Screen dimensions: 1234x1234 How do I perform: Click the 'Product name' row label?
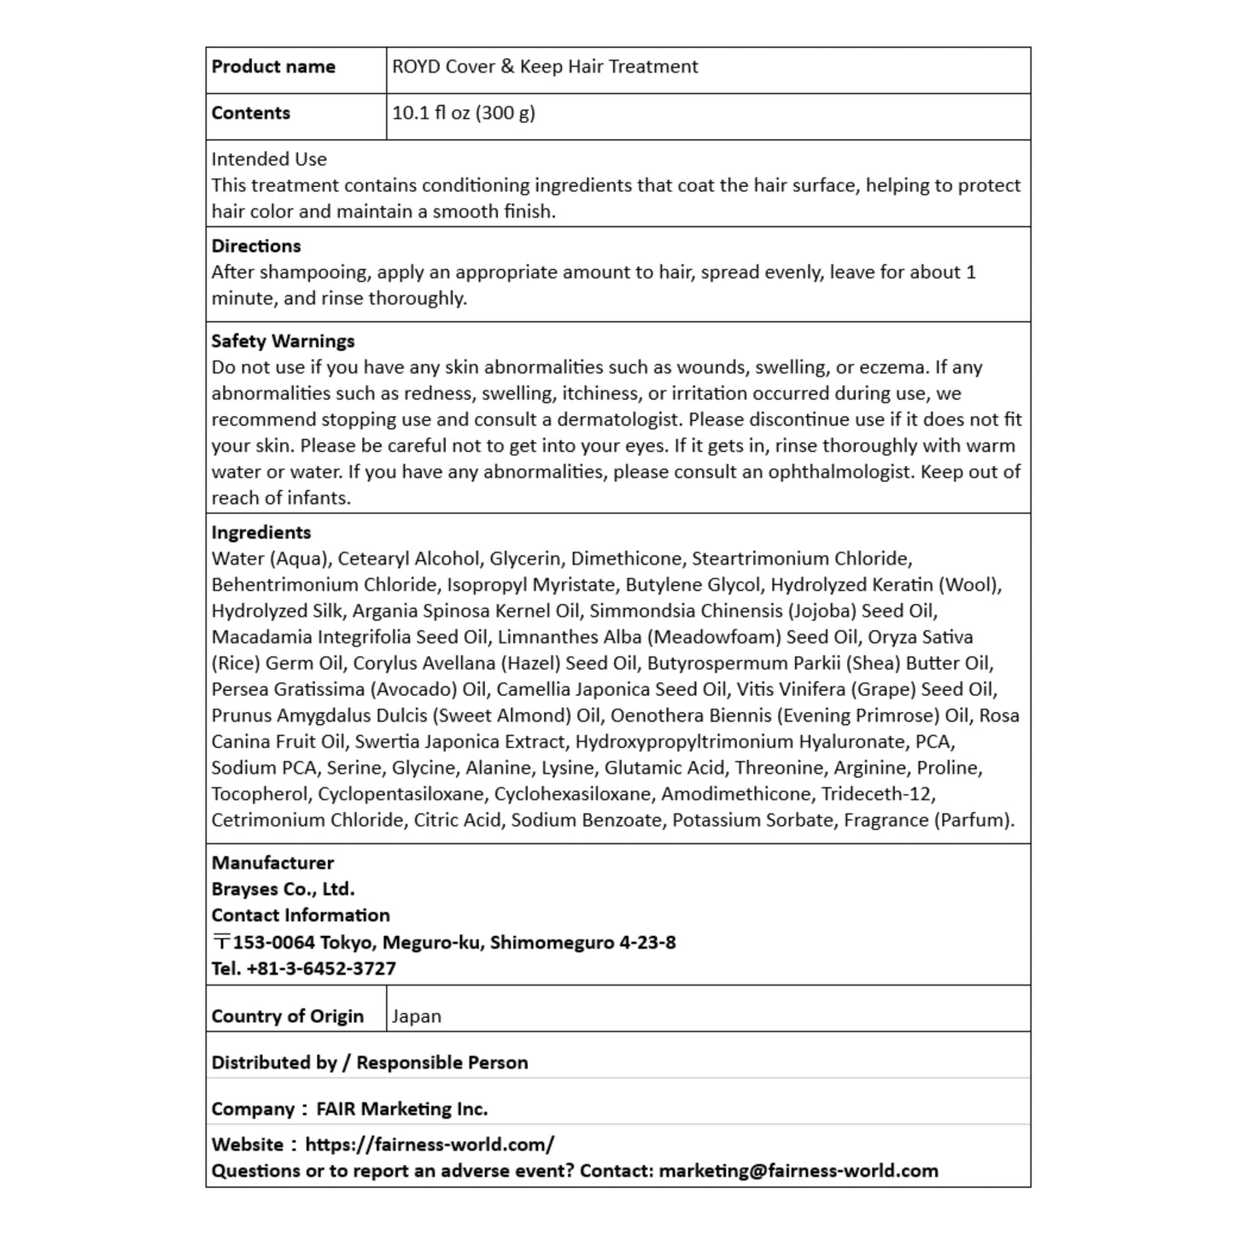(273, 67)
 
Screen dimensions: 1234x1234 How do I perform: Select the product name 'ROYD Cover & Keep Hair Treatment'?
(545, 67)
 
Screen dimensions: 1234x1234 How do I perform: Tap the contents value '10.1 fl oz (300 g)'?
(464, 113)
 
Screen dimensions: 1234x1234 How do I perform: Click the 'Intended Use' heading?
(269, 159)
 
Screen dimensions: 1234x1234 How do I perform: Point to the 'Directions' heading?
(256, 246)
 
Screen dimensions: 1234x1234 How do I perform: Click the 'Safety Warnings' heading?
(283, 341)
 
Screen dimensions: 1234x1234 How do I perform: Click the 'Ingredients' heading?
(261, 532)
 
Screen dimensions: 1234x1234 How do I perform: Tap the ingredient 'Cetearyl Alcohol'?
(409, 559)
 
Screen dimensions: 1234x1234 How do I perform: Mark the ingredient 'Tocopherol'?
(260, 793)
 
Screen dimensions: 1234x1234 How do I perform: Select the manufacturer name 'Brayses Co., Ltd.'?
(283, 889)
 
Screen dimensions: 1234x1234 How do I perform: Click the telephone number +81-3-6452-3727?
(321, 968)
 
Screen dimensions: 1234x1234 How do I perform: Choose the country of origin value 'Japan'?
(417, 1016)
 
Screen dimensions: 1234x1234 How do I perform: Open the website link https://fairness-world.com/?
(430, 1144)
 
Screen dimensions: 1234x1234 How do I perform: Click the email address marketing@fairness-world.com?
(798, 1171)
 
